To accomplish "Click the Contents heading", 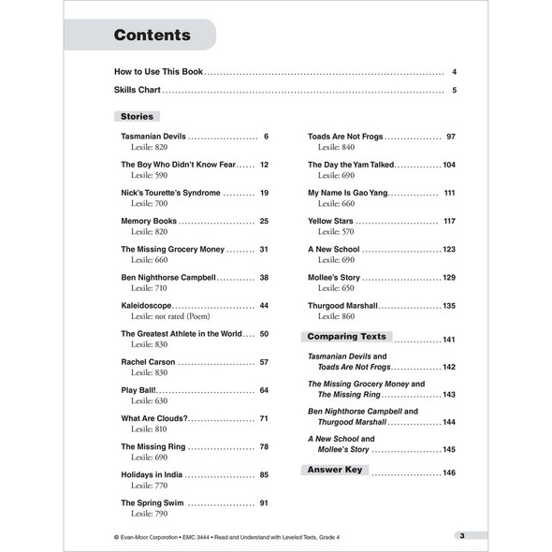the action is tap(152, 36).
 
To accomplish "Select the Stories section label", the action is tap(137, 116).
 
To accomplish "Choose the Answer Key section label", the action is tap(338, 470).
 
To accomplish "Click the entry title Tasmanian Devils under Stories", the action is tap(153, 137).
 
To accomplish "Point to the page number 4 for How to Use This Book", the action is tap(454, 72).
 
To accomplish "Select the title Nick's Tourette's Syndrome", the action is tap(170, 193).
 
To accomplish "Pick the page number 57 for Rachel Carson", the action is tap(264, 361).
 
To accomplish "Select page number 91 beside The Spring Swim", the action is tap(264, 502).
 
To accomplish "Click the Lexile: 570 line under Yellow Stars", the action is tap(336, 232).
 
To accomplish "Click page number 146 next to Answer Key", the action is tap(449, 472).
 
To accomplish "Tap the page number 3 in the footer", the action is tap(462, 535).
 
